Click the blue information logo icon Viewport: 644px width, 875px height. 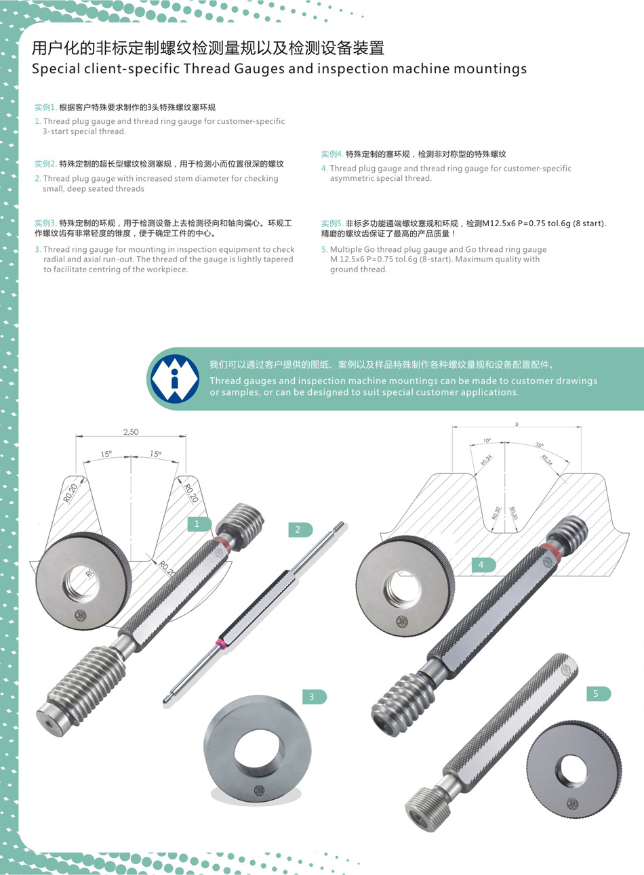pos(175,379)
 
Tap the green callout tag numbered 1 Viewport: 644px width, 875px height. pos(199,524)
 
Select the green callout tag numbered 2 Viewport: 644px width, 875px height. pos(300,530)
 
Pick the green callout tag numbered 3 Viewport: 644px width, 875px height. pos(315,696)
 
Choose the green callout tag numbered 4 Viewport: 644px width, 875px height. pos(484,564)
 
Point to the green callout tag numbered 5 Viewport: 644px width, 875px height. pos(599,693)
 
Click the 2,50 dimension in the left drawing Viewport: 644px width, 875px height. pos(131,431)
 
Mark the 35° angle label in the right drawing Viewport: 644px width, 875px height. pos(539,445)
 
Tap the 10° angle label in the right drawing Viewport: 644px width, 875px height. pos(487,440)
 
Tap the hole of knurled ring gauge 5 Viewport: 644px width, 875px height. pos(571,770)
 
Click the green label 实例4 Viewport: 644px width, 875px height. pos(332,154)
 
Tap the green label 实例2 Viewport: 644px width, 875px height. pos(45,164)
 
